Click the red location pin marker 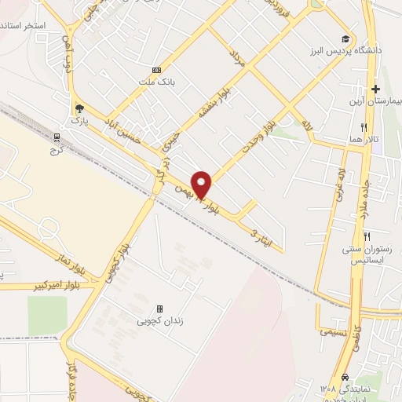(x=202, y=185)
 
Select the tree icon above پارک (x=77, y=110)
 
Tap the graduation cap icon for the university (x=345, y=38)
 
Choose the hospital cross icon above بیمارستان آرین (x=375, y=89)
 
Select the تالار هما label (x=364, y=139)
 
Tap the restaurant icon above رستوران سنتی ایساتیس (x=367, y=236)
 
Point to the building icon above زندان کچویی (x=160, y=309)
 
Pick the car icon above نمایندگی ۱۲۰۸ (x=345, y=376)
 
